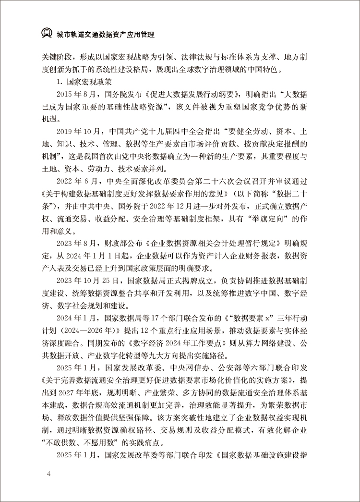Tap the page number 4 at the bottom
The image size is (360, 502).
point(48,474)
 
